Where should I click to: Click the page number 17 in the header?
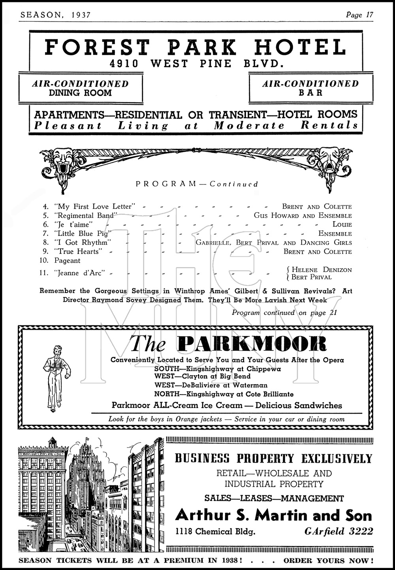pos(369,15)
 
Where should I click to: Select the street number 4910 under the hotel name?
pos(124,64)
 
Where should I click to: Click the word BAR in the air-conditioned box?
pos(311,93)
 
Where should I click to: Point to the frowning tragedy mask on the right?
pos(329,159)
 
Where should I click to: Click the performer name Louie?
pos(342,224)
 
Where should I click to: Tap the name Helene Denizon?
pos(321,270)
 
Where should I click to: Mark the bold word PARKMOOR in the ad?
pos(252,344)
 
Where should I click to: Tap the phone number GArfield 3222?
pos(339,532)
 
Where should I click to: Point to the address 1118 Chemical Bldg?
pos(216,532)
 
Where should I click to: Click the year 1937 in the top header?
pos(81,15)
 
